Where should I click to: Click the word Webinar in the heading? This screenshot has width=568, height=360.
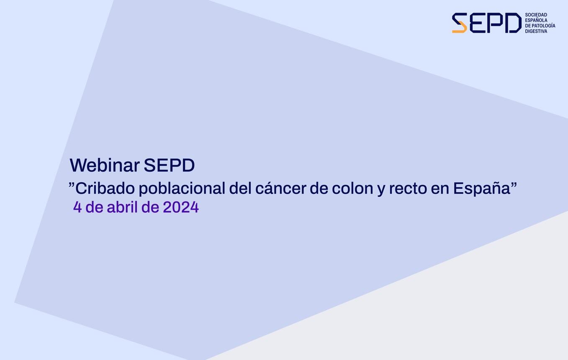(x=105, y=165)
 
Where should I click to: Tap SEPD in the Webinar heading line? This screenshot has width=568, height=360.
(x=169, y=165)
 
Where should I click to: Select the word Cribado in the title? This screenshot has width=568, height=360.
(x=105, y=188)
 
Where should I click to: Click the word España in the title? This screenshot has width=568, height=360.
(x=481, y=188)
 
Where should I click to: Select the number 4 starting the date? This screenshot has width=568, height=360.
(x=77, y=207)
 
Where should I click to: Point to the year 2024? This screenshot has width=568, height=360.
(x=180, y=207)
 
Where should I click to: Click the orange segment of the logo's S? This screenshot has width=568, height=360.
(x=460, y=29)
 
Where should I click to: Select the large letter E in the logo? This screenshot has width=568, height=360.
(x=477, y=23)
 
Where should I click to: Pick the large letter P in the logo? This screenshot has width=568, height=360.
(x=495, y=23)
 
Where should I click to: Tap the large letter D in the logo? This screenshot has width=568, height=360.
(x=513, y=23)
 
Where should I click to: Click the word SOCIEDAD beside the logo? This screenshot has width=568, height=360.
(x=536, y=15)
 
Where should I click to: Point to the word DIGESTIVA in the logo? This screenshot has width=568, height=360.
(x=536, y=31)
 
